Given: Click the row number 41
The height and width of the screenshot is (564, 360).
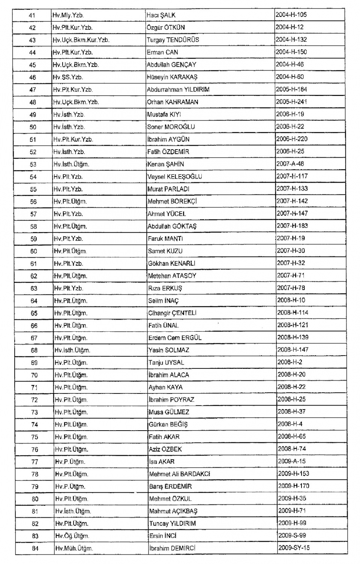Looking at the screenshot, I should click(x=32, y=15).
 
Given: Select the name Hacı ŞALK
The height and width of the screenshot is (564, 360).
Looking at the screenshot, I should click(x=161, y=15).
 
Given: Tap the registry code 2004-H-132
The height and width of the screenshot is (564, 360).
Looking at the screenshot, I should click(x=291, y=39).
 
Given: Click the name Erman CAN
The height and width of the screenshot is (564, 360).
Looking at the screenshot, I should click(x=162, y=52).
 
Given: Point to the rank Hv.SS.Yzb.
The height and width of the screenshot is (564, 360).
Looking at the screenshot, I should click(x=68, y=77).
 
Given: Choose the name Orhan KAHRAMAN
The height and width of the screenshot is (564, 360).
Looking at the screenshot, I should click(x=172, y=102).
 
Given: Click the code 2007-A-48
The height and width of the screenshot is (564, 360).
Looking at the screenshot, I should click(x=290, y=164).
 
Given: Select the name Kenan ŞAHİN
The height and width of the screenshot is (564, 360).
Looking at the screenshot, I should click(x=165, y=164).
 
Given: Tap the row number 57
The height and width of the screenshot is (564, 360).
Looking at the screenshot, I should click(x=33, y=214).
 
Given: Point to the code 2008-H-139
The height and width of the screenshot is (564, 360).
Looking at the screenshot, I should click(x=293, y=337).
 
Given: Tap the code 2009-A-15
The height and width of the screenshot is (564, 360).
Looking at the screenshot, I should click(x=292, y=461).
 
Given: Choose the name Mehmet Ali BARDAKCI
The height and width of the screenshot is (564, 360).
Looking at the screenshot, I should click(x=179, y=474).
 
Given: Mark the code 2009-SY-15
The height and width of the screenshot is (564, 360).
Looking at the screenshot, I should click(x=294, y=548).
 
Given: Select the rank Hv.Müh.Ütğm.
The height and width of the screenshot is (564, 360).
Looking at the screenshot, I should click(x=74, y=549).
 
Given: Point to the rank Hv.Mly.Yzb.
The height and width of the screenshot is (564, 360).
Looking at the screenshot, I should click(x=68, y=15).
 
